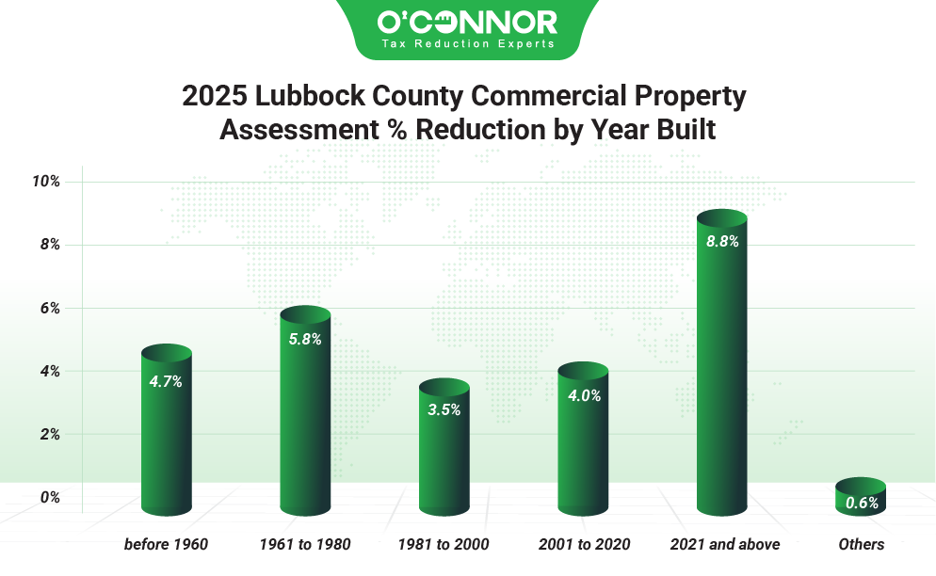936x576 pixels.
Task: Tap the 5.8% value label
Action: (x=305, y=340)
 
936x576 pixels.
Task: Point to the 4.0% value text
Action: (x=584, y=396)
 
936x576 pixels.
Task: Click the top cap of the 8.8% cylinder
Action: (x=721, y=218)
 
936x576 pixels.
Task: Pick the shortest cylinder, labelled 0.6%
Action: (x=861, y=497)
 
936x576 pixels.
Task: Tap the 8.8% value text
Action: (x=722, y=242)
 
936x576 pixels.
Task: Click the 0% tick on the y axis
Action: (x=50, y=497)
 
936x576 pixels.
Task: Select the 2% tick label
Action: (x=50, y=434)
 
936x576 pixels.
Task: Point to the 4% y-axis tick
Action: (x=50, y=371)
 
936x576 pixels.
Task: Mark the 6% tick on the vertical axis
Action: (x=50, y=308)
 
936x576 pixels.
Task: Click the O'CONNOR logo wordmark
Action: (x=467, y=22)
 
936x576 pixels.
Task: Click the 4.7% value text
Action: (x=166, y=382)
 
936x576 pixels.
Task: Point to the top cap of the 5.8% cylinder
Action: (x=305, y=314)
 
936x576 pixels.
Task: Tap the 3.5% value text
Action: (x=444, y=410)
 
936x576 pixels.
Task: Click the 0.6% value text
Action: (x=862, y=504)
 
